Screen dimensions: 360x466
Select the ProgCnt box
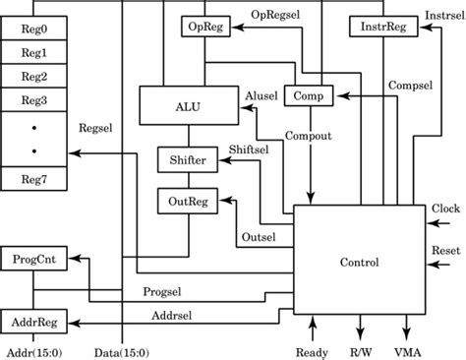pos(33,259)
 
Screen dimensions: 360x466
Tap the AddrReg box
pos(33,322)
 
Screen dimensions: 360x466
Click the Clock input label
pos(444,209)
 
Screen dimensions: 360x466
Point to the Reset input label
pos(444,250)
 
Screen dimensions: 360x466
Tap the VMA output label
pos(407,351)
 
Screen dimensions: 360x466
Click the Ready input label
pos(312,351)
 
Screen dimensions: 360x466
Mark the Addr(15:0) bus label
pos(31,351)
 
